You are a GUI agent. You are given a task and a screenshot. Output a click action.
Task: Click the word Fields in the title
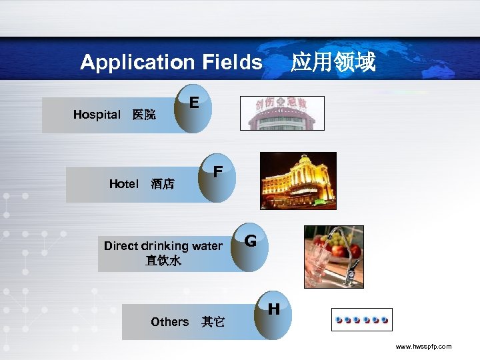(229, 63)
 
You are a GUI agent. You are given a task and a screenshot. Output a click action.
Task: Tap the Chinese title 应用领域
(333, 63)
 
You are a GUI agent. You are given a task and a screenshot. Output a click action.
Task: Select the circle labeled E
(193, 107)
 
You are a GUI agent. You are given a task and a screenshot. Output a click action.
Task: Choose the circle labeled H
(273, 313)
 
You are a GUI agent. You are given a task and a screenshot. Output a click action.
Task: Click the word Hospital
(97, 115)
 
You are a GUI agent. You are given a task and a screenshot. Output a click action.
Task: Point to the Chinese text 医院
(144, 115)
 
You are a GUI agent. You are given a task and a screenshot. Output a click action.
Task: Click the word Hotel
(124, 184)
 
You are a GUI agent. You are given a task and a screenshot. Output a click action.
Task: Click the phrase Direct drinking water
(163, 246)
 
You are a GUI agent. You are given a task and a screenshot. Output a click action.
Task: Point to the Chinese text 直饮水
(163, 261)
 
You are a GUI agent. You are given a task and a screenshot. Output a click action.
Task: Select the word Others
(170, 322)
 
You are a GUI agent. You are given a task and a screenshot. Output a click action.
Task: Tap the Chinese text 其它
(213, 323)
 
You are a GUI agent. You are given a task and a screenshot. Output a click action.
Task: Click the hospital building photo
(286, 113)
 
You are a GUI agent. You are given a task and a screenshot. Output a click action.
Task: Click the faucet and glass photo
(333, 256)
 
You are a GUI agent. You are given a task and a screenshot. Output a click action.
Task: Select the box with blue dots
(362, 320)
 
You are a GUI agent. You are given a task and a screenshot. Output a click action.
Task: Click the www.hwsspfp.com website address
(423, 347)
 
